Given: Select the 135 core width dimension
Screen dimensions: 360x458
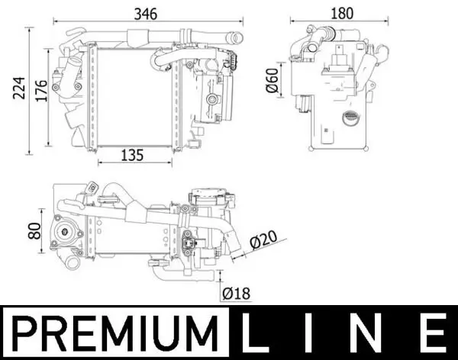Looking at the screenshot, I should tap(133, 155).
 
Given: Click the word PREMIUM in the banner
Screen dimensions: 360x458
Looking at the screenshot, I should tap(114, 333).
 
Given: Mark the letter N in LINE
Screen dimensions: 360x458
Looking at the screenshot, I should tap(373, 333).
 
